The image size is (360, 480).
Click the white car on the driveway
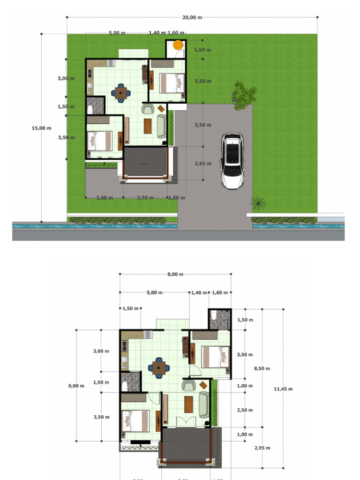click(x=232, y=160)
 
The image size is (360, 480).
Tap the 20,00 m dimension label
click(x=192, y=18)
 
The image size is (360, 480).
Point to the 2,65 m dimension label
click(x=202, y=164)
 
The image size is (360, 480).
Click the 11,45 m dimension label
click(x=283, y=389)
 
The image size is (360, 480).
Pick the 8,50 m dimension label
click(x=262, y=368)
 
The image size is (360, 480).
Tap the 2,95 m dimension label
click(x=262, y=448)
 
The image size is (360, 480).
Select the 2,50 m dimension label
click(x=245, y=410)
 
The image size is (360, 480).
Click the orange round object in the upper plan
click(x=178, y=45)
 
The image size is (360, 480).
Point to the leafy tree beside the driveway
click(x=244, y=95)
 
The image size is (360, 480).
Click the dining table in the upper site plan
click(x=121, y=93)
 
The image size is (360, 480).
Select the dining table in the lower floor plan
click(x=159, y=368)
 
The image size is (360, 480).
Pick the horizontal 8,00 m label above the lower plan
click(x=175, y=274)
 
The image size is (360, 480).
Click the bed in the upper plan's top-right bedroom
click(x=172, y=83)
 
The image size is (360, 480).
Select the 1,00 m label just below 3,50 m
click(x=245, y=386)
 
